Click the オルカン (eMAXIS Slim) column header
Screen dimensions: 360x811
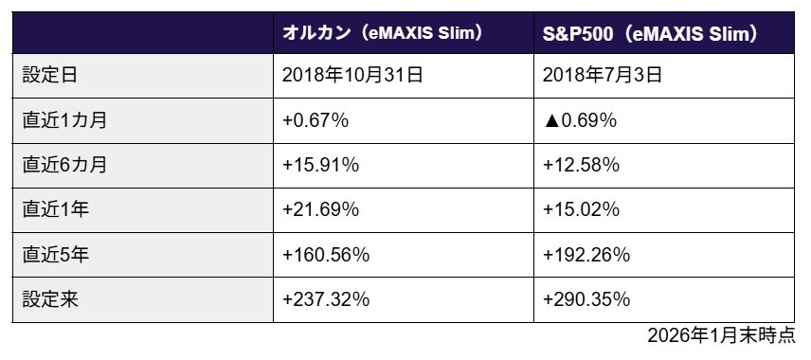point(384,33)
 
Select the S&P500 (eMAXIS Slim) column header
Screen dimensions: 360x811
point(650,33)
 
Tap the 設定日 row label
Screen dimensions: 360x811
point(45,76)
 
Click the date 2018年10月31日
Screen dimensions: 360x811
point(352,76)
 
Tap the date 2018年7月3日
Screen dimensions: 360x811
point(604,76)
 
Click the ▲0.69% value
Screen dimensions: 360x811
point(580,120)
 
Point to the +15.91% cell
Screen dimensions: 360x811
point(320,165)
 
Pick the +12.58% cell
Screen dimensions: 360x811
point(581,165)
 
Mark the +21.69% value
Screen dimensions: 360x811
point(320,210)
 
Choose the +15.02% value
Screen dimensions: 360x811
point(581,210)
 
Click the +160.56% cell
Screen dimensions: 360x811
point(325,255)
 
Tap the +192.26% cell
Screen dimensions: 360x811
point(586,255)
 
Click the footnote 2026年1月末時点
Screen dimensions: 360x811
point(721,336)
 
